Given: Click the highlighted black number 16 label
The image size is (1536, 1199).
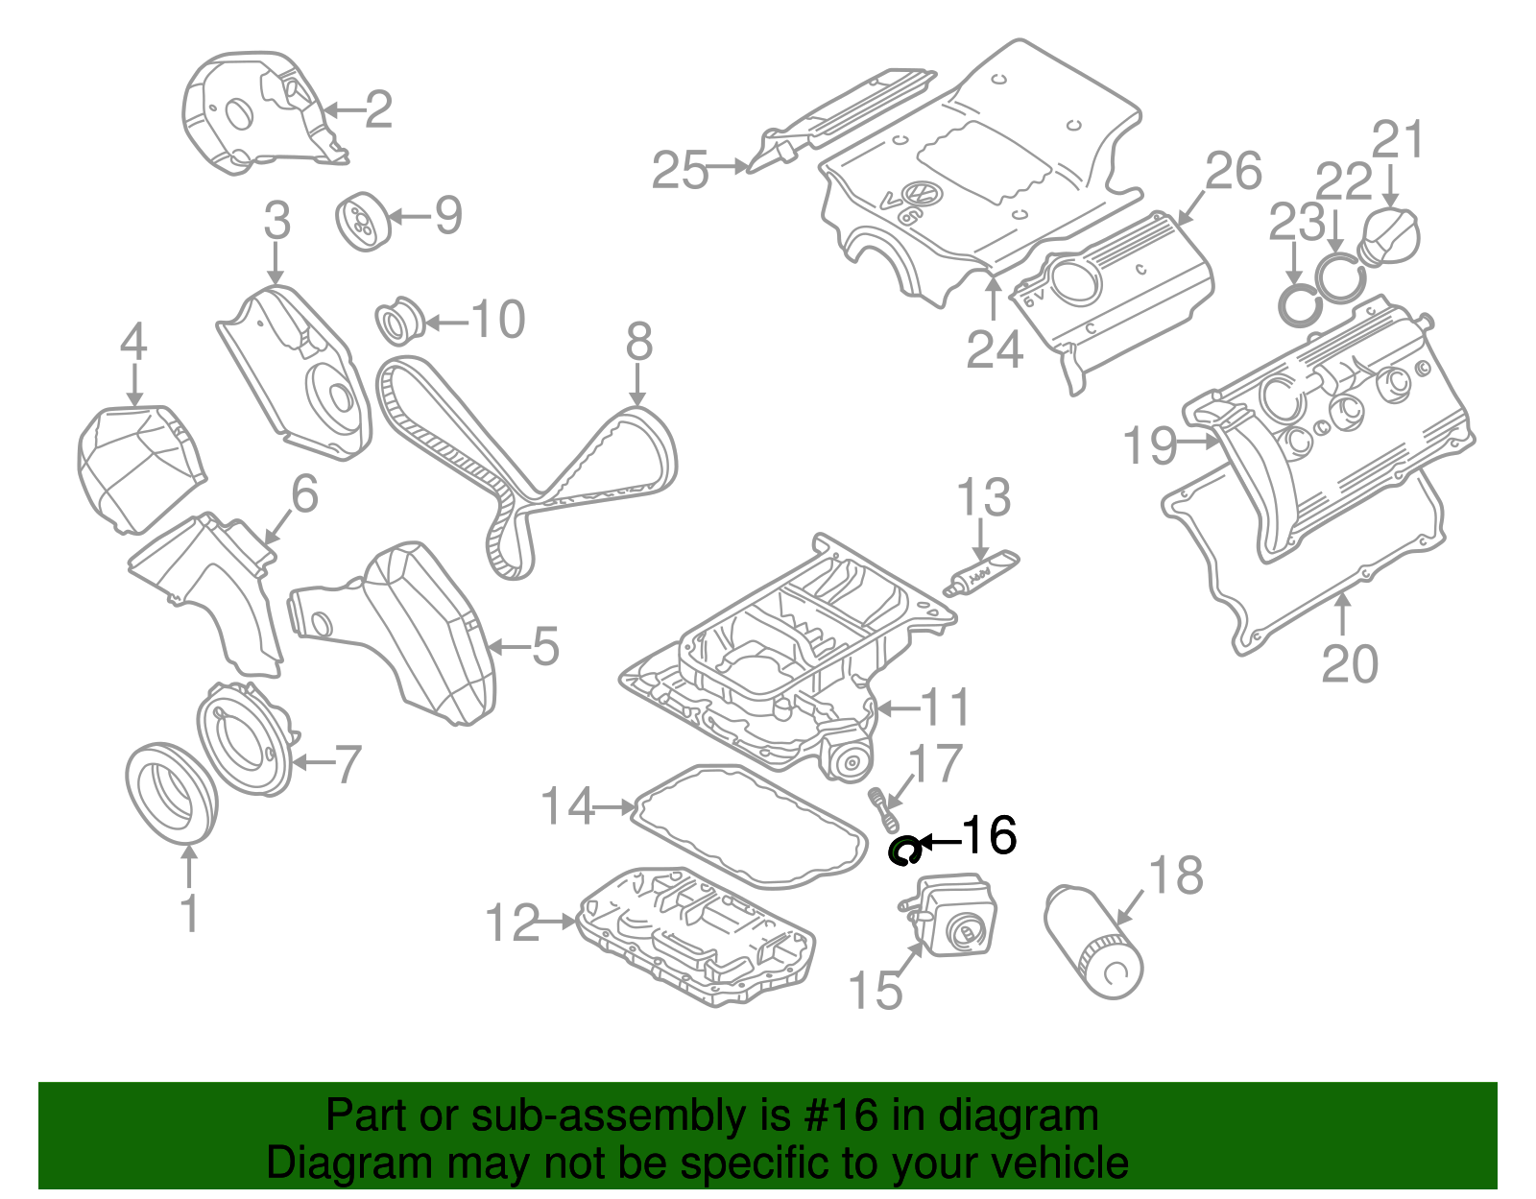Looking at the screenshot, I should coord(989,835).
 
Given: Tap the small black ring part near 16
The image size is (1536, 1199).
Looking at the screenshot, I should coord(904,851).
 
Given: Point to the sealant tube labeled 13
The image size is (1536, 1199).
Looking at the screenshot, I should coord(981,573).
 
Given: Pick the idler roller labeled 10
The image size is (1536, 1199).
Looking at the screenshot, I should coord(397,321).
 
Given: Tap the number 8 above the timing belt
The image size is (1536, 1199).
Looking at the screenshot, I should coord(639,343).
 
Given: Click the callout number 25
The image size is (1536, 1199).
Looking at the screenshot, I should coord(680,171).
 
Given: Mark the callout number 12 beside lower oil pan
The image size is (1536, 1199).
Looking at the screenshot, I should coord(514,923).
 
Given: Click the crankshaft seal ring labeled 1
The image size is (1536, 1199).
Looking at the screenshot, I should coord(170,793).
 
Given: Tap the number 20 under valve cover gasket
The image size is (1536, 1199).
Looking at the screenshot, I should coord(1349,663).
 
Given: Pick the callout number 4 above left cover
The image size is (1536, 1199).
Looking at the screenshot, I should coord(133,342).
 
